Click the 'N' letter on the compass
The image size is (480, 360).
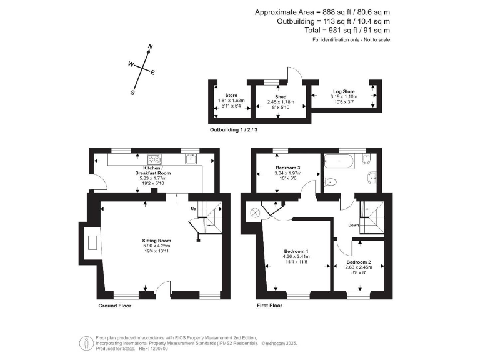150,47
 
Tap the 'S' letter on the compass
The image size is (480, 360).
132,92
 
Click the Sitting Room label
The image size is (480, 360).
156,241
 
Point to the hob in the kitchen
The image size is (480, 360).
154,159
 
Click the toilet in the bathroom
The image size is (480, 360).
331,181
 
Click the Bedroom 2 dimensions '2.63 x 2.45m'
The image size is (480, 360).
359,267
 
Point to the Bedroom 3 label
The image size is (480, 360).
288,168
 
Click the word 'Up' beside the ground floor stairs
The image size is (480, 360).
193,209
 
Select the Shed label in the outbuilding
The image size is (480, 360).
281,97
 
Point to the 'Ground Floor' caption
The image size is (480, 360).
115,306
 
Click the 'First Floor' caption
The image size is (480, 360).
269,306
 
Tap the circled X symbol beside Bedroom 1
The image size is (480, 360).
254,212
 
